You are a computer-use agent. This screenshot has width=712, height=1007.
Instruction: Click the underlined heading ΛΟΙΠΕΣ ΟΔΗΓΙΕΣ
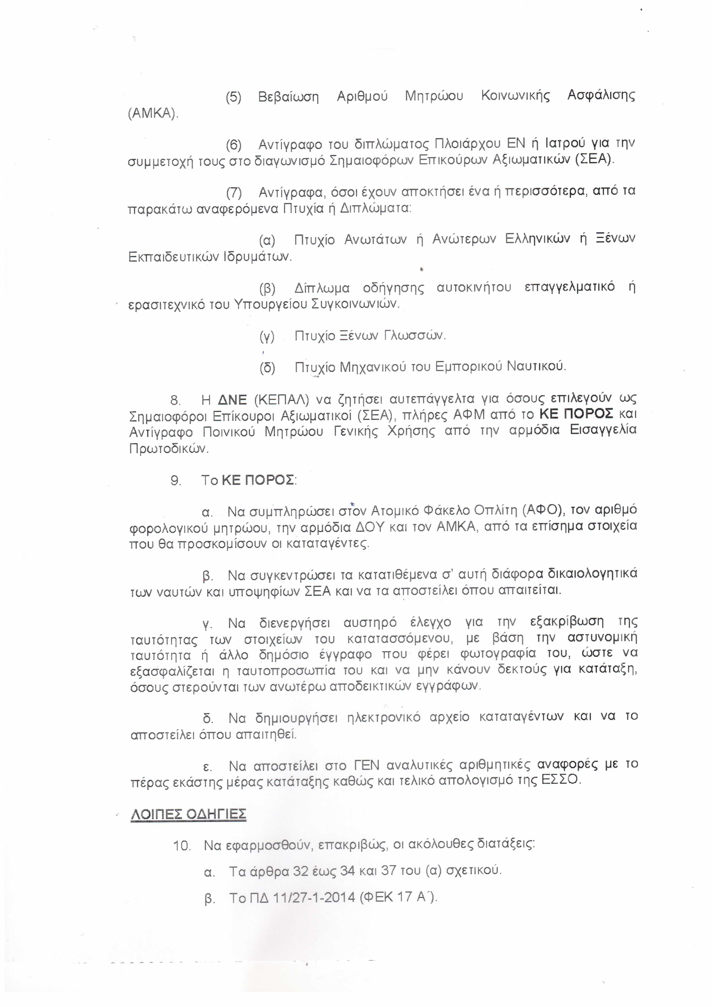click(x=189, y=814)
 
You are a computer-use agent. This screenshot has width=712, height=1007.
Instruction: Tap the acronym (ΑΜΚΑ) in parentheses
click(x=153, y=114)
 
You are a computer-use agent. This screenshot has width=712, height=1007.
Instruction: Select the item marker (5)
click(x=234, y=97)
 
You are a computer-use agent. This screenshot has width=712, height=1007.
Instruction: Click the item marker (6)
click(x=234, y=144)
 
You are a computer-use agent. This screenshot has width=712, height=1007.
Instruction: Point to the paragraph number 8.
click(x=175, y=400)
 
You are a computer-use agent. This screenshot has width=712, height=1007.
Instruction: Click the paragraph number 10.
click(x=181, y=846)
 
